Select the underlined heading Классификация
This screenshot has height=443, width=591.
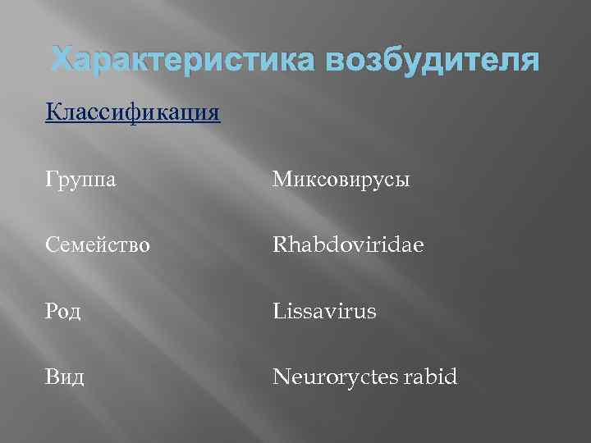(x=133, y=112)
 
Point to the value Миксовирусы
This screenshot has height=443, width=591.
(x=341, y=178)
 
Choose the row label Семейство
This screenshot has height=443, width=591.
(x=98, y=244)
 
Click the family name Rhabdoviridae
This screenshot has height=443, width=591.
(x=349, y=244)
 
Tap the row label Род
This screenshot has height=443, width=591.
(x=64, y=311)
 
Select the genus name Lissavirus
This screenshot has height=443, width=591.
(x=325, y=311)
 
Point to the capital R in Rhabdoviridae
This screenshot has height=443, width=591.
(x=280, y=244)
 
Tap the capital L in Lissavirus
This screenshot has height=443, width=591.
(x=278, y=311)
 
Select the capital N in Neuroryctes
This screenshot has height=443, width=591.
(x=281, y=377)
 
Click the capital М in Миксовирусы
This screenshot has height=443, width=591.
(x=282, y=178)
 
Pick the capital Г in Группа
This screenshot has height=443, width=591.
(x=52, y=178)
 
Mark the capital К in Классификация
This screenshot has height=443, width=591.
(x=53, y=112)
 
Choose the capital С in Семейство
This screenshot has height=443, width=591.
(x=53, y=244)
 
